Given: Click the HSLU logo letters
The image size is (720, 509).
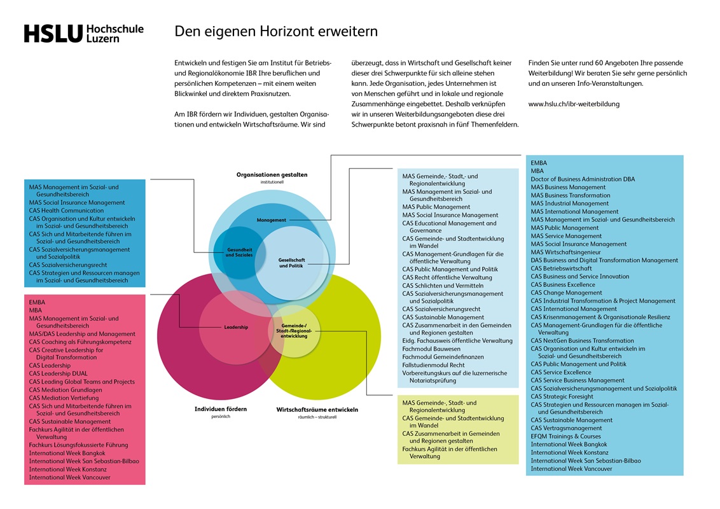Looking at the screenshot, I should (x=53, y=34).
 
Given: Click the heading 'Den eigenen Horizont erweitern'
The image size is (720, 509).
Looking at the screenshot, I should (x=276, y=31).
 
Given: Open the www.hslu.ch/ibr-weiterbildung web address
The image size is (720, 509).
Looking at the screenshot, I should (x=574, y=104).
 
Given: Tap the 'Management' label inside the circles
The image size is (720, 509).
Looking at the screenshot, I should (x=272, y=220).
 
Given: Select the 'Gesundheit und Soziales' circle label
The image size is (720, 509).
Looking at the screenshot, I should (x=240, y=253).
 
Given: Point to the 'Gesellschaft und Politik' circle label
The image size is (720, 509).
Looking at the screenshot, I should (x=292, y=263).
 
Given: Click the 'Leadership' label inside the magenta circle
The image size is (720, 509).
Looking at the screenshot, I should (x=236, y=327).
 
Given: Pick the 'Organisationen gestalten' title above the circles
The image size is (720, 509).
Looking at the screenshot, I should (x=272, y=174).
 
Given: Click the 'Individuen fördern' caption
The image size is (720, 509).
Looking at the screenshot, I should (x=221, y=409).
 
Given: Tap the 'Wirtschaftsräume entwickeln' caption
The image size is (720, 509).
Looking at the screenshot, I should (x=317, y=410).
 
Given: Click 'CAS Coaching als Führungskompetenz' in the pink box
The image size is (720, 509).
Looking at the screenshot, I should (x=80, y=342).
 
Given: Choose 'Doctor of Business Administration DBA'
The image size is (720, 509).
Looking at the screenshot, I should (x=583, y=179).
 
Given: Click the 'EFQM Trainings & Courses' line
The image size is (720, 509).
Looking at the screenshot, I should (x=565, y=436).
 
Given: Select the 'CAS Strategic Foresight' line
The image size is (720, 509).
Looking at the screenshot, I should (x=562, y=396).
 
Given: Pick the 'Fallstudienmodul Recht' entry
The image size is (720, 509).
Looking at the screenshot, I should (x=433, y=365).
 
